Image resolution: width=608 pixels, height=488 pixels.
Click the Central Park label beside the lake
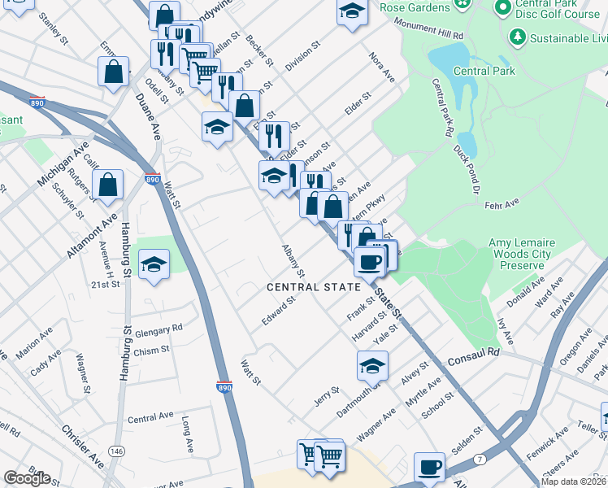pyautogui.click(x=484, y=71)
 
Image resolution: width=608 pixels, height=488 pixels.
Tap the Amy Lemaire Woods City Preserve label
pyautogui.click(x=526, y=254)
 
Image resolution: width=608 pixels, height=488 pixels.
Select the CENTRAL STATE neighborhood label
pyautogui.click(x=313, y=287)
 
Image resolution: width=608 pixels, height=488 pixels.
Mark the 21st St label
pyautogui.click(x=106, y=285)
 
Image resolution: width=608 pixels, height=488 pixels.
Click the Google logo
pyautogui.click(x=27, y=478)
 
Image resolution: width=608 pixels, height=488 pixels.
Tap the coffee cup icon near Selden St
pyautogui.click(x=429, y=467)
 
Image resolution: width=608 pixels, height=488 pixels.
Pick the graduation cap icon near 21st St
pyautogui.click(x=154, y=264)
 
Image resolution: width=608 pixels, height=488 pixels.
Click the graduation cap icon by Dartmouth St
pyautogui.click(x=371, y=366)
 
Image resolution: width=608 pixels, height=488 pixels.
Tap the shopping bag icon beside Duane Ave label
pyautogui.click(x=114, y=71)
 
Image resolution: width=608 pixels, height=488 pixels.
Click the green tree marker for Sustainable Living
pyautogui.click(x=516, y=37)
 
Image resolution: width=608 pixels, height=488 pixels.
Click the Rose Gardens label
pyautogui.click(x=415, y=7)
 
